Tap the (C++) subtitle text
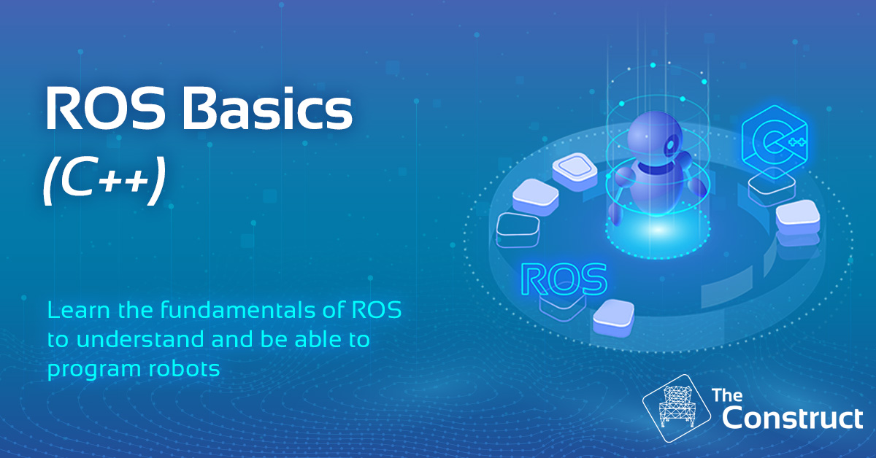[x=104, y=181]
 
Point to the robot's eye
[x=671, y=145]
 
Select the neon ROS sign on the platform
[x=564, y=279]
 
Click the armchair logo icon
[x=676, y=408]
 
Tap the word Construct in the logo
[x=792, y=418]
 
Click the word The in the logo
[x=727, y=395]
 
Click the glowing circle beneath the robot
[x=658, y=230]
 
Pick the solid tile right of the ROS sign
[x=614, y=317]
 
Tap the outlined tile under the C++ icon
[x=772, y=187]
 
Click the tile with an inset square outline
[x=575, y=171]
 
